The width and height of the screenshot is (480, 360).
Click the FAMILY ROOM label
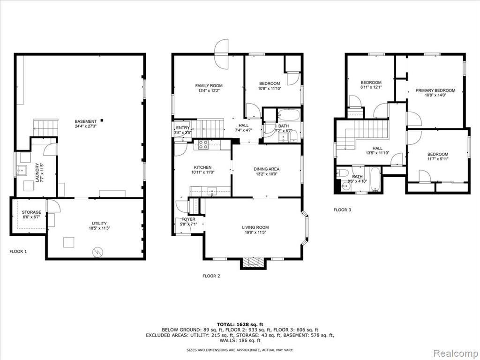[x=209, y=86]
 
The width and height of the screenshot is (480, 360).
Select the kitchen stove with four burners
[x=203, y=144]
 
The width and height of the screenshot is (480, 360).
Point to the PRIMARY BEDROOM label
[x=435, y=90]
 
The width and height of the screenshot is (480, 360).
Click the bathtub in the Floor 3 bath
[x=375, y=179]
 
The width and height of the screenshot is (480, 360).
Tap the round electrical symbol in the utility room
[x=98, y=252]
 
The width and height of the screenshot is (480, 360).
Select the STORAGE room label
[x=31, y=212]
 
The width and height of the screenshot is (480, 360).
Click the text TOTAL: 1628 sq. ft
[x=240, y=324]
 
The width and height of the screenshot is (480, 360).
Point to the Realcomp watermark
[x=456, y=353]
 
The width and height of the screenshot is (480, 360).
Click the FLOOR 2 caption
[x=211, y=276]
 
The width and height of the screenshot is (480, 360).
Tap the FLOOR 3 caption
[x=342, y=210]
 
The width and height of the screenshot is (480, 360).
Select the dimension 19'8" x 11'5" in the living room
[x=255, y=232]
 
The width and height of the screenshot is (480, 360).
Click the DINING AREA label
[x=266, y=169]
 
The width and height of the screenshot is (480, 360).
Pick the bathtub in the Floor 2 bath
[x=289, y=115]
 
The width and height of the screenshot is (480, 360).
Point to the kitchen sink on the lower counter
[x=212, y=191]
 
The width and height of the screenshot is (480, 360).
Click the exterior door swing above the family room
[x=222, y=54]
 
